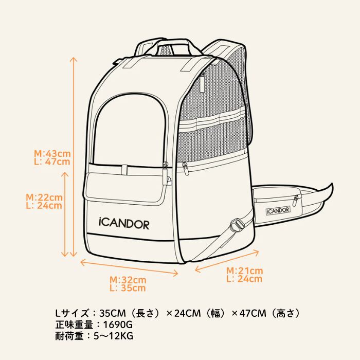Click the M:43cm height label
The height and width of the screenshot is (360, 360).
(x=52, y=153)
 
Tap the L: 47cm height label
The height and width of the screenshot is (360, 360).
(x=52, y=161)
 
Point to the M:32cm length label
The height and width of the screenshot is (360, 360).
(x=128, y=280)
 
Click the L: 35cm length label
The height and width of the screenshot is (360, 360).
(x=128, y=288)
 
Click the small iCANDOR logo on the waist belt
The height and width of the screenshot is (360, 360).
(x=278, y=209)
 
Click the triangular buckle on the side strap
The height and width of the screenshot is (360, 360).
(x=237, y=225)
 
